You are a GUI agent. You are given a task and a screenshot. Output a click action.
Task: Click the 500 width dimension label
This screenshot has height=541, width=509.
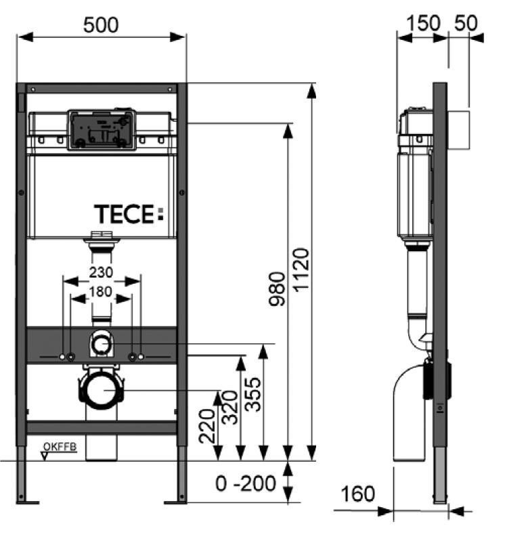click(x=100, y=25)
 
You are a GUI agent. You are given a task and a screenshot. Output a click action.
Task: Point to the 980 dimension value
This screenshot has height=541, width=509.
click(x=278, y=289)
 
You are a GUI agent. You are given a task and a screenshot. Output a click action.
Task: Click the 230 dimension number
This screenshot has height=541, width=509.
click(x=101, y=273)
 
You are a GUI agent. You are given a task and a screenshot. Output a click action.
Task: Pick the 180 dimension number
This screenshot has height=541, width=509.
click(x=101, y=293)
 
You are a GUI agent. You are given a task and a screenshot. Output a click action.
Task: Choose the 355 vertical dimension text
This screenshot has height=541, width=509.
click(x=254, y=393)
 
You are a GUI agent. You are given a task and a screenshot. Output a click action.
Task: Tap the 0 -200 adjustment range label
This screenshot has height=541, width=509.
click(x=246, y=483)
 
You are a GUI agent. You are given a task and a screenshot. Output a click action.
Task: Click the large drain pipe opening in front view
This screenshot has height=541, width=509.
click(x=102, y=391)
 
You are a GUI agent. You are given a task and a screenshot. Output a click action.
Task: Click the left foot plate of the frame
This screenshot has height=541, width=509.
click(x=26, y=501)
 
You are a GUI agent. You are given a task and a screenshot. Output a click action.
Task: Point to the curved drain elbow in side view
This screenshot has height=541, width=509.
click(x=406, y=413)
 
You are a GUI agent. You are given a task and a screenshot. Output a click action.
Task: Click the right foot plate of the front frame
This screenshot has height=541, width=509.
click(x=177, y=501)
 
